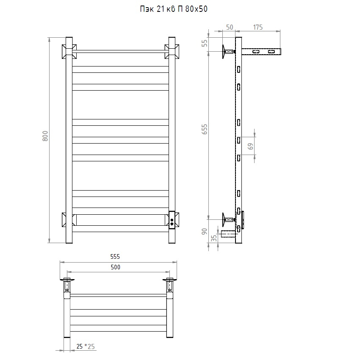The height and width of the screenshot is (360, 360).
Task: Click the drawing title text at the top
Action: coord(174,9)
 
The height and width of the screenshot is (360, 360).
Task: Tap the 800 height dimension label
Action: coord(45,136)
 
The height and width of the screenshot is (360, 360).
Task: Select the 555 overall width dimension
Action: coord(115,257)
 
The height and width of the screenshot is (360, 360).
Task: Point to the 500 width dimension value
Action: coord(116,267)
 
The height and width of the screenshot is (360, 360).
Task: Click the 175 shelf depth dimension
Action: coord(258,28)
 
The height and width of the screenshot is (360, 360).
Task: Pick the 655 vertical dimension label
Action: coord(204,129)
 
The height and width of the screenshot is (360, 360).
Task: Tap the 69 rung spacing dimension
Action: coord(251,146)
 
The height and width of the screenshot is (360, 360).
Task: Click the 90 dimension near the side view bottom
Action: coord(204,231)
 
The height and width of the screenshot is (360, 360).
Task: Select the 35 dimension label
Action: coord(214,238)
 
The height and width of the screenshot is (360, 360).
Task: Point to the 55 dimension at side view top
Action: coord(204,43)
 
